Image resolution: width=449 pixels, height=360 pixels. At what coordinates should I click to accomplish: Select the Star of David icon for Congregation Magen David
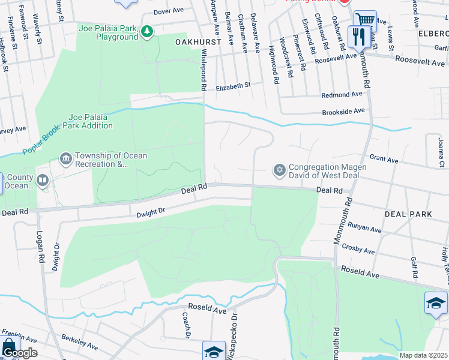coord(279,171)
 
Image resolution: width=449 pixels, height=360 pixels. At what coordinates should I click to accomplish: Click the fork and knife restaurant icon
coord(358,37)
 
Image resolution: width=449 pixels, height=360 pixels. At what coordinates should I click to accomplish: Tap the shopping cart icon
coord(364,20)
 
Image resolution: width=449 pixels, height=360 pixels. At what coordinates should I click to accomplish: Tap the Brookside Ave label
coord(343,111)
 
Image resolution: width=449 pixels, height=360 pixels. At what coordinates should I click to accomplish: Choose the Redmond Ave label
coord(342,95)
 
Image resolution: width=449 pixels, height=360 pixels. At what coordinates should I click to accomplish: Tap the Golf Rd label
coord(414,267)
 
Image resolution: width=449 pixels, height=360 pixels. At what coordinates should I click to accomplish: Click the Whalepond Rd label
coord(203,70)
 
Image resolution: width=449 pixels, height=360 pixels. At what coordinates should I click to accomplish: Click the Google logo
coord(19,353)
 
